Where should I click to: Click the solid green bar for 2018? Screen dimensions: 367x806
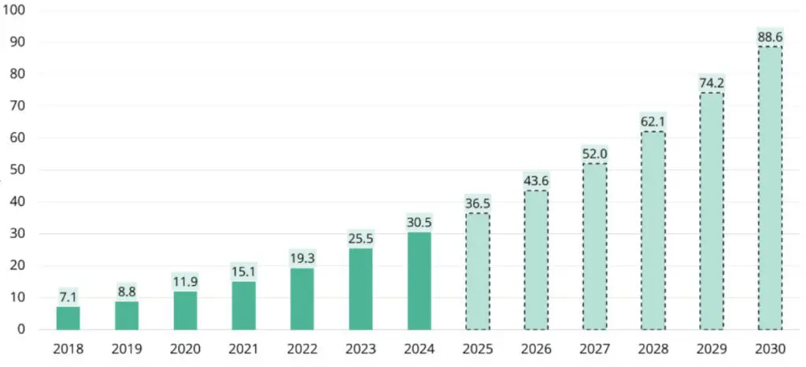coord(68,317)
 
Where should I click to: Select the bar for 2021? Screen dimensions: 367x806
coord(243,305)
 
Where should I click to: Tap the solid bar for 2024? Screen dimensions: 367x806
coord(419,280)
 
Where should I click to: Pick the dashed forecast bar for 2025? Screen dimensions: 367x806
coord(477,271)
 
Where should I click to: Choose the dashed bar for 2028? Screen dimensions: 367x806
coord(653,230)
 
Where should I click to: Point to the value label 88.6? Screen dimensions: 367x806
coord(770,36)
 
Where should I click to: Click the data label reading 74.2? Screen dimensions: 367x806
coord(712,83)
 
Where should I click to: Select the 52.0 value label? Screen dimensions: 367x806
coord(594,154)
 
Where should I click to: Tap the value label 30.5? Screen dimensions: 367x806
coord(419,222)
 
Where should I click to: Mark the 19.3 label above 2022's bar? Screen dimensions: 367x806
coord(301,258)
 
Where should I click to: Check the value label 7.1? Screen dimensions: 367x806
coord(68,297)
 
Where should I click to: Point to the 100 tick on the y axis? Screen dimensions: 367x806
coord(18,10)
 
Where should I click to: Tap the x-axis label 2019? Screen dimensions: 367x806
coord(126,347)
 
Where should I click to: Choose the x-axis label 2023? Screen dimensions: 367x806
coord(360,347)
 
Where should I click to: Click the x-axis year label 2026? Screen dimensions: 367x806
coord(535,347)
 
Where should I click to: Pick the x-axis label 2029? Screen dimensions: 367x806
coord(712,347)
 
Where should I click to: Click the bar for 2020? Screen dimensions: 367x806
coord(185,310)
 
